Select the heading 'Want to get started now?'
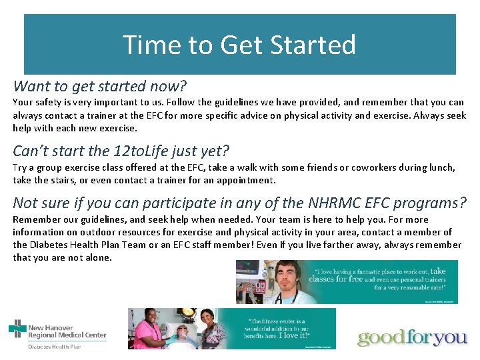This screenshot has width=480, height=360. (x=100, y=86)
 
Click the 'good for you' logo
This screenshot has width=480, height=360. (x=412, y=337)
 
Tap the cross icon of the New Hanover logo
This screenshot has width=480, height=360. (x=17, y=329)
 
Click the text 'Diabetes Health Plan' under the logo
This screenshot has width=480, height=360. (x=55, y=347)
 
